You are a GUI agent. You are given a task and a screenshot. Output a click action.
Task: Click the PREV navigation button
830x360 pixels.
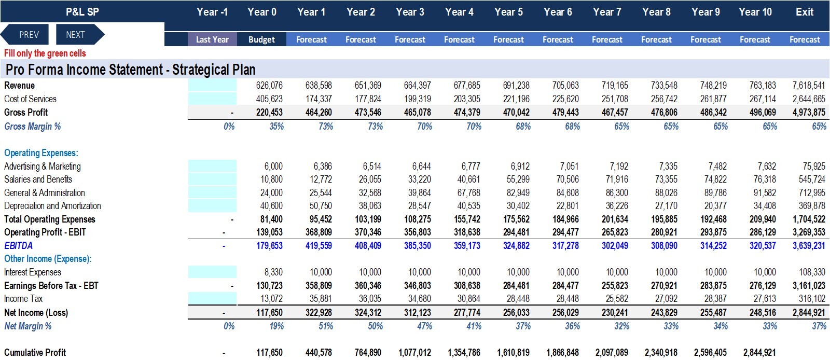(x=25, y=34)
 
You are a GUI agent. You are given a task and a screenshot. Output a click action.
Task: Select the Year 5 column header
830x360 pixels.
(x=508, y=12)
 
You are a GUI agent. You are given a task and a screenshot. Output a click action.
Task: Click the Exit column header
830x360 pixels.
(x=805, y=12)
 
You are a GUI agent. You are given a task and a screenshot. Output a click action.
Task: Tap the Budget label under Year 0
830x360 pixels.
(x=261, y=39)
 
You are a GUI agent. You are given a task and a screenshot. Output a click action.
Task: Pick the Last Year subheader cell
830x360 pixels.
(x=212, y=39)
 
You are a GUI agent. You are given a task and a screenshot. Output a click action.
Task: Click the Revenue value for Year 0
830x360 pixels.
(x=269, y=86)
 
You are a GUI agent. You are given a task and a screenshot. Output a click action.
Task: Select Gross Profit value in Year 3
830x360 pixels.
(x=417, y=112)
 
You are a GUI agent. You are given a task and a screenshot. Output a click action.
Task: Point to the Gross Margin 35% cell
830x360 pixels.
(x=276, y=126)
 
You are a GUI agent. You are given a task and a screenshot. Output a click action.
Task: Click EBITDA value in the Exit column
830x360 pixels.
(x=809, y=245)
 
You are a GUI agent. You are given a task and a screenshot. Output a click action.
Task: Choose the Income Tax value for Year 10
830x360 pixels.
(x=765, y=298)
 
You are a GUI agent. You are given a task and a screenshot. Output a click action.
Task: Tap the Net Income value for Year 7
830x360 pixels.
(x=615, y=312)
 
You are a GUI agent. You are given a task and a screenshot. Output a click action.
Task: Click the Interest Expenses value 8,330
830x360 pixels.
(x=273, y=272)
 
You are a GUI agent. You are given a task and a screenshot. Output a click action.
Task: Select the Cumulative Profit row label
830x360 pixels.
(x=35, y=352)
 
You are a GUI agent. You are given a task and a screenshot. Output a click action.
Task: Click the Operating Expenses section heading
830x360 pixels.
(x=41, y=153)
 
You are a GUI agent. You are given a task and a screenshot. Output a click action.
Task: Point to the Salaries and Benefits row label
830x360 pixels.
(x=38, y=179)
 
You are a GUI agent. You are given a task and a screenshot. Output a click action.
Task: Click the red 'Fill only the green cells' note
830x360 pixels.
(x=45, y=53)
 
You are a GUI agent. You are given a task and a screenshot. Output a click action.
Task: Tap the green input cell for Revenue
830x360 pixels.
(x=212, y=85)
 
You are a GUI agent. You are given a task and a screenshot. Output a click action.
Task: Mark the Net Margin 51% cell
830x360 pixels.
(x=326, y=326)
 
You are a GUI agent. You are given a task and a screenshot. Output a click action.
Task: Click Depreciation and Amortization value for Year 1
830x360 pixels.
(x=321, y=205)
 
